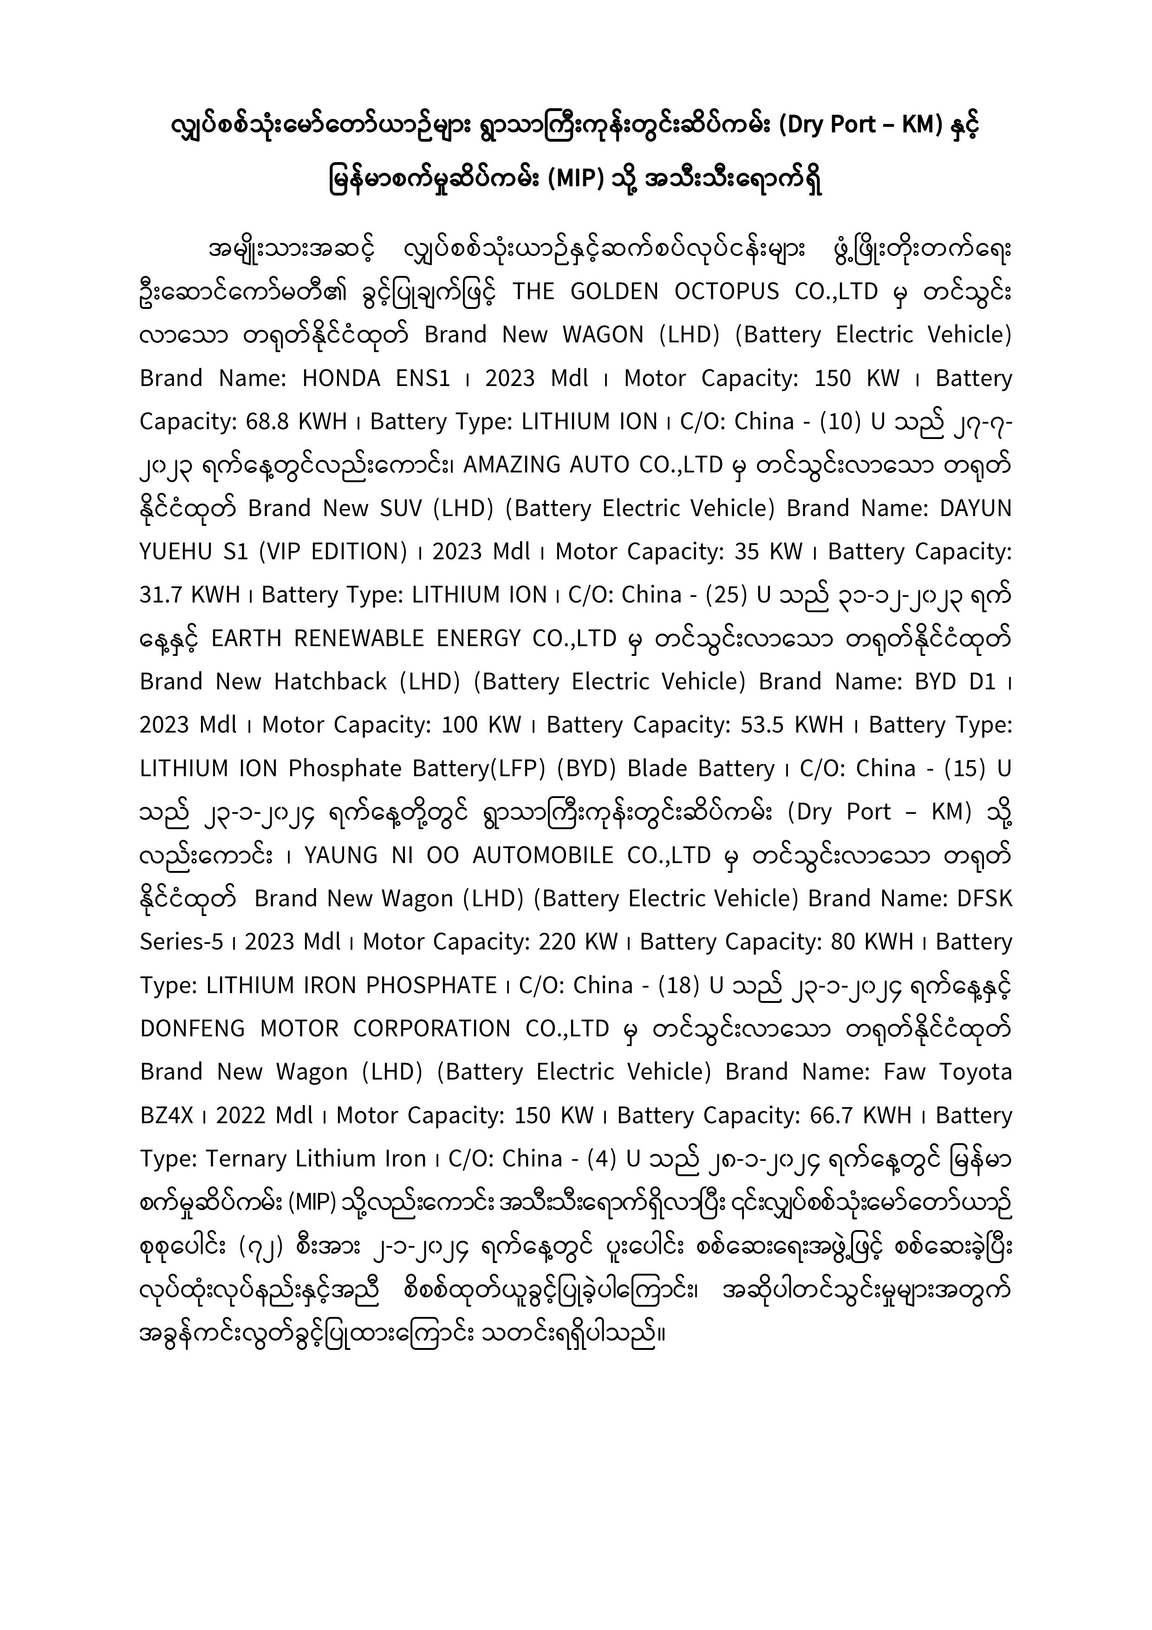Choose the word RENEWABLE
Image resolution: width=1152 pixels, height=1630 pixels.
click(x=358, y=638)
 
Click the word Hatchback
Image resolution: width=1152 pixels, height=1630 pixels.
click(x=330, y=681)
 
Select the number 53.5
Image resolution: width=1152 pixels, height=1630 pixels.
click(x=761, y=725)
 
